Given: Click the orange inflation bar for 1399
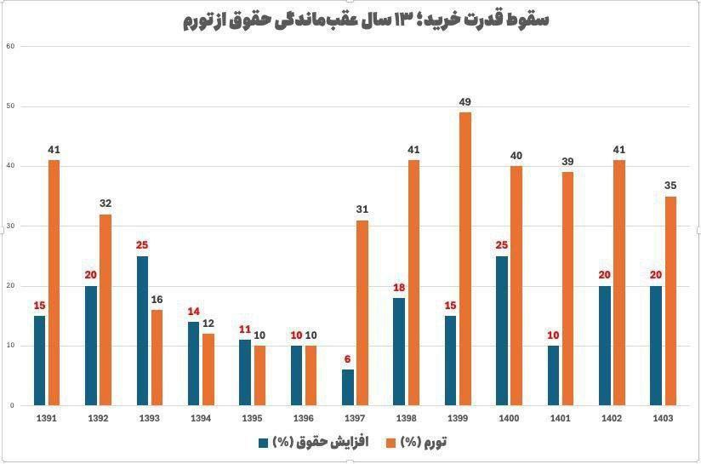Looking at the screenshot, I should (464, 259).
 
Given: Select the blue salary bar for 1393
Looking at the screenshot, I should (142, 330).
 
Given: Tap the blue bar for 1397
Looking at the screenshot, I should (347, 387).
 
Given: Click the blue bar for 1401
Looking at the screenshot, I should (553, 375).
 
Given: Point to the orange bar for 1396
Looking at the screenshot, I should (311, 375).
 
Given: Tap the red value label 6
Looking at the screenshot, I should (347, 359).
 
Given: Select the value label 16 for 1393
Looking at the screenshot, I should (157, 300).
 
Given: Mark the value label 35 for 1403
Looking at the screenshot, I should (670, 186).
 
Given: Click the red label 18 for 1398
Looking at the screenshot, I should (399, 288).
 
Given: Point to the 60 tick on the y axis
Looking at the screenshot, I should (11, 46).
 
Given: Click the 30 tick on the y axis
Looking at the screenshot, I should (11, 226).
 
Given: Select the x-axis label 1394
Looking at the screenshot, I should (200, 419).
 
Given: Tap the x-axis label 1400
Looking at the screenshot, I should (509, 419).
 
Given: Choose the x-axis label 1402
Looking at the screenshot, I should (612, 419).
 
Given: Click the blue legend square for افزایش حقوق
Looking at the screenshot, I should (264, 443).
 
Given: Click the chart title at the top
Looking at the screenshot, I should (366, 20).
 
